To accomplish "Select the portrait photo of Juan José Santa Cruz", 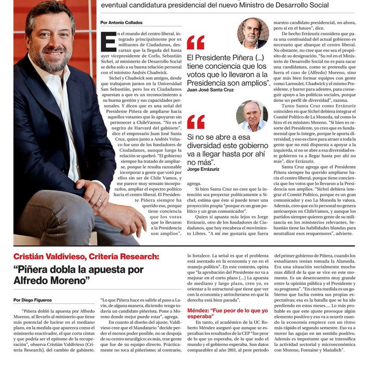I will (x=253, y=33).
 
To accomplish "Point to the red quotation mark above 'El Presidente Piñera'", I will (x=196, y=43).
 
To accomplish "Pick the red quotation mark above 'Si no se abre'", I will (x=196, y=122).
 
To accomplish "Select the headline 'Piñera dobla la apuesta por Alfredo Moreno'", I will (x=79, y=275).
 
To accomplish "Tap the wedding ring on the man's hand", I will (x=100, y=201).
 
